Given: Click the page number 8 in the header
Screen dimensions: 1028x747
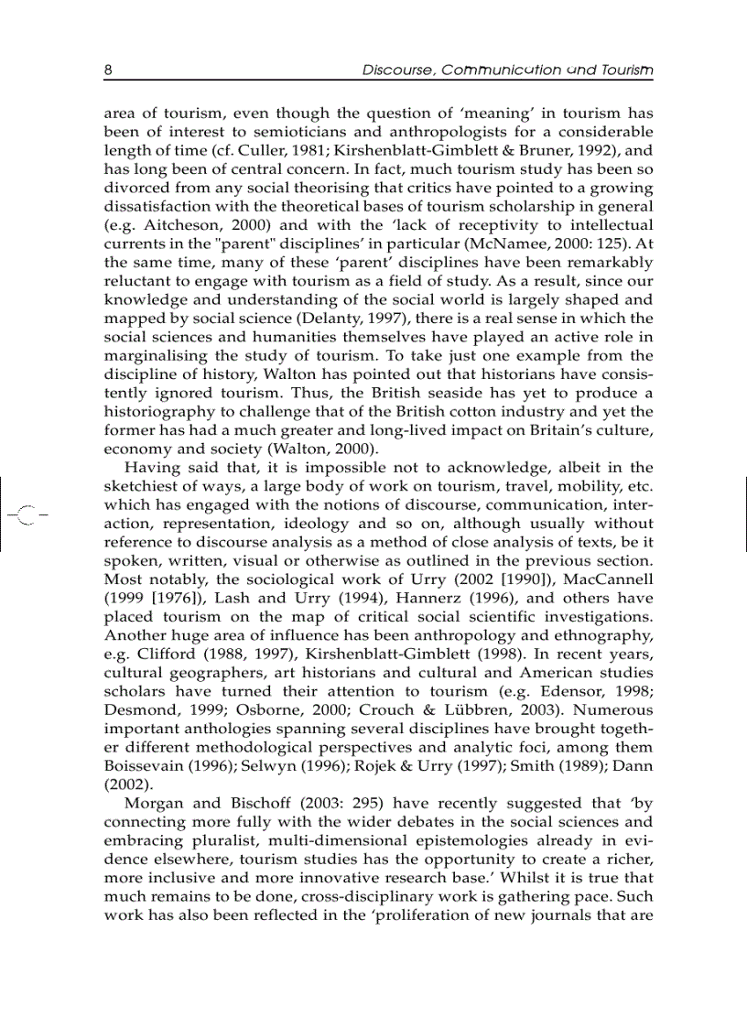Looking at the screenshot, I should click(x=108, y=70).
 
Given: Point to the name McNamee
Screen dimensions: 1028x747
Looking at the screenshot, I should click(x=499, y=243).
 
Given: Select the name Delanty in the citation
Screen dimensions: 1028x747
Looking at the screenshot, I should click(x=352, y=319).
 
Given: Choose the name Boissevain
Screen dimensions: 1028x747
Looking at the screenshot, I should click(x=148, y=747).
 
